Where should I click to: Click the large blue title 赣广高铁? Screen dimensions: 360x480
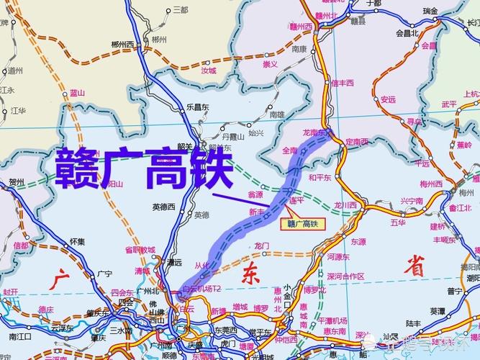(144, 168)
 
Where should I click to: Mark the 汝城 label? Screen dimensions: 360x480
(209, 71)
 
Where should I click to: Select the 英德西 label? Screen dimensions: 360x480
(164, 207)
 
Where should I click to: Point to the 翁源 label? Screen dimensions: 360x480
(256, 194)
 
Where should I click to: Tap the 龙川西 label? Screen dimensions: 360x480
(346, 205)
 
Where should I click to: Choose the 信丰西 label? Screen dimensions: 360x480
(343, 83)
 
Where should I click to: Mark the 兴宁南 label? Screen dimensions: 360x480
(412, 200)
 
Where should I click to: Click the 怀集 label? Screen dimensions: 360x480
(78, 243)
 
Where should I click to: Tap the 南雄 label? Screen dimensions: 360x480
(277, 114)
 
